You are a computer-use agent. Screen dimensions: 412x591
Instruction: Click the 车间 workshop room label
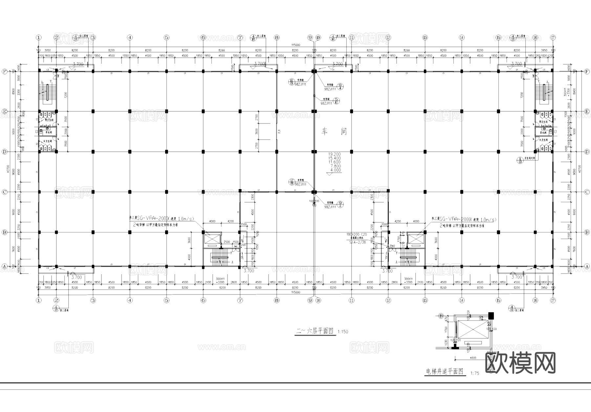[334, 132]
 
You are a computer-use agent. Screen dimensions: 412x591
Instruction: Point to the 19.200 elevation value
[335, 154]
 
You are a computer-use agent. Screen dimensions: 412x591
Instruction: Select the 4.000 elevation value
[336, 170]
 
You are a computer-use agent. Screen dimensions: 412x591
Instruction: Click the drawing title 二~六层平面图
[315, 331]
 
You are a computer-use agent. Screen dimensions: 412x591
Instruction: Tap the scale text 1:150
[343, 332]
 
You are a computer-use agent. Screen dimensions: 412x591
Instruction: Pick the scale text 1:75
[474, 373]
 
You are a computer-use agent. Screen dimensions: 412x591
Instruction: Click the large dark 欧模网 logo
[520, 363]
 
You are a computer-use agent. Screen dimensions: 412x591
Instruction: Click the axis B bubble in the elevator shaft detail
[441, 316]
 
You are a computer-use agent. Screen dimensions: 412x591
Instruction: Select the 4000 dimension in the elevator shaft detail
[473, 358]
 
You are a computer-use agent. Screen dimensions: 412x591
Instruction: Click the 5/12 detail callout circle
[336, 101]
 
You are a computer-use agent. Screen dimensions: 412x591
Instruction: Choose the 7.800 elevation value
[335, 166]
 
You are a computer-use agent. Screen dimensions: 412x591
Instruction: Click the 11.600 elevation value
[335, 162]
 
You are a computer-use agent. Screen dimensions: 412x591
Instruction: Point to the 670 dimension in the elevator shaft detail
[446, 319]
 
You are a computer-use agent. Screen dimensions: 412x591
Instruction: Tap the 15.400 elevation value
[335, 158]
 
